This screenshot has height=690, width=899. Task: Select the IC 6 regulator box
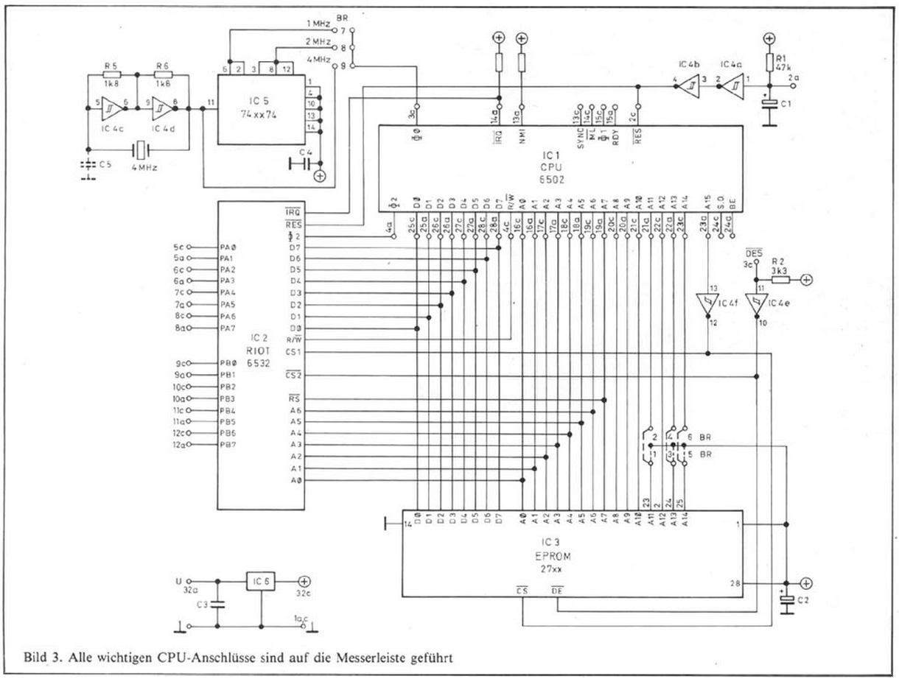pyautogui.click(x=262, y=581)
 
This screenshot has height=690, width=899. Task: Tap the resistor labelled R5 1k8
pyautogui.click(x=111, y=74)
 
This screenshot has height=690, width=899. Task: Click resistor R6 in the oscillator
pyautogui.click(x=163, y=74)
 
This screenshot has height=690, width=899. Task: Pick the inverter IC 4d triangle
pyautogui.click(x=164, y=109)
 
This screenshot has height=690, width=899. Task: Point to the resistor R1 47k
pyautogui.click(x=769, y=61)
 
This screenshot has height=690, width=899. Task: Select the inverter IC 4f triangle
pyautogui.click(x=707, y=302)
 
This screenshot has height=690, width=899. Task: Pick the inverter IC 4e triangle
pyautogui.click(x=756, y=302)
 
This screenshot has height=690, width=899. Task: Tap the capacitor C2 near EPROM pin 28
pyautogui.click(x=787, y=602)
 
